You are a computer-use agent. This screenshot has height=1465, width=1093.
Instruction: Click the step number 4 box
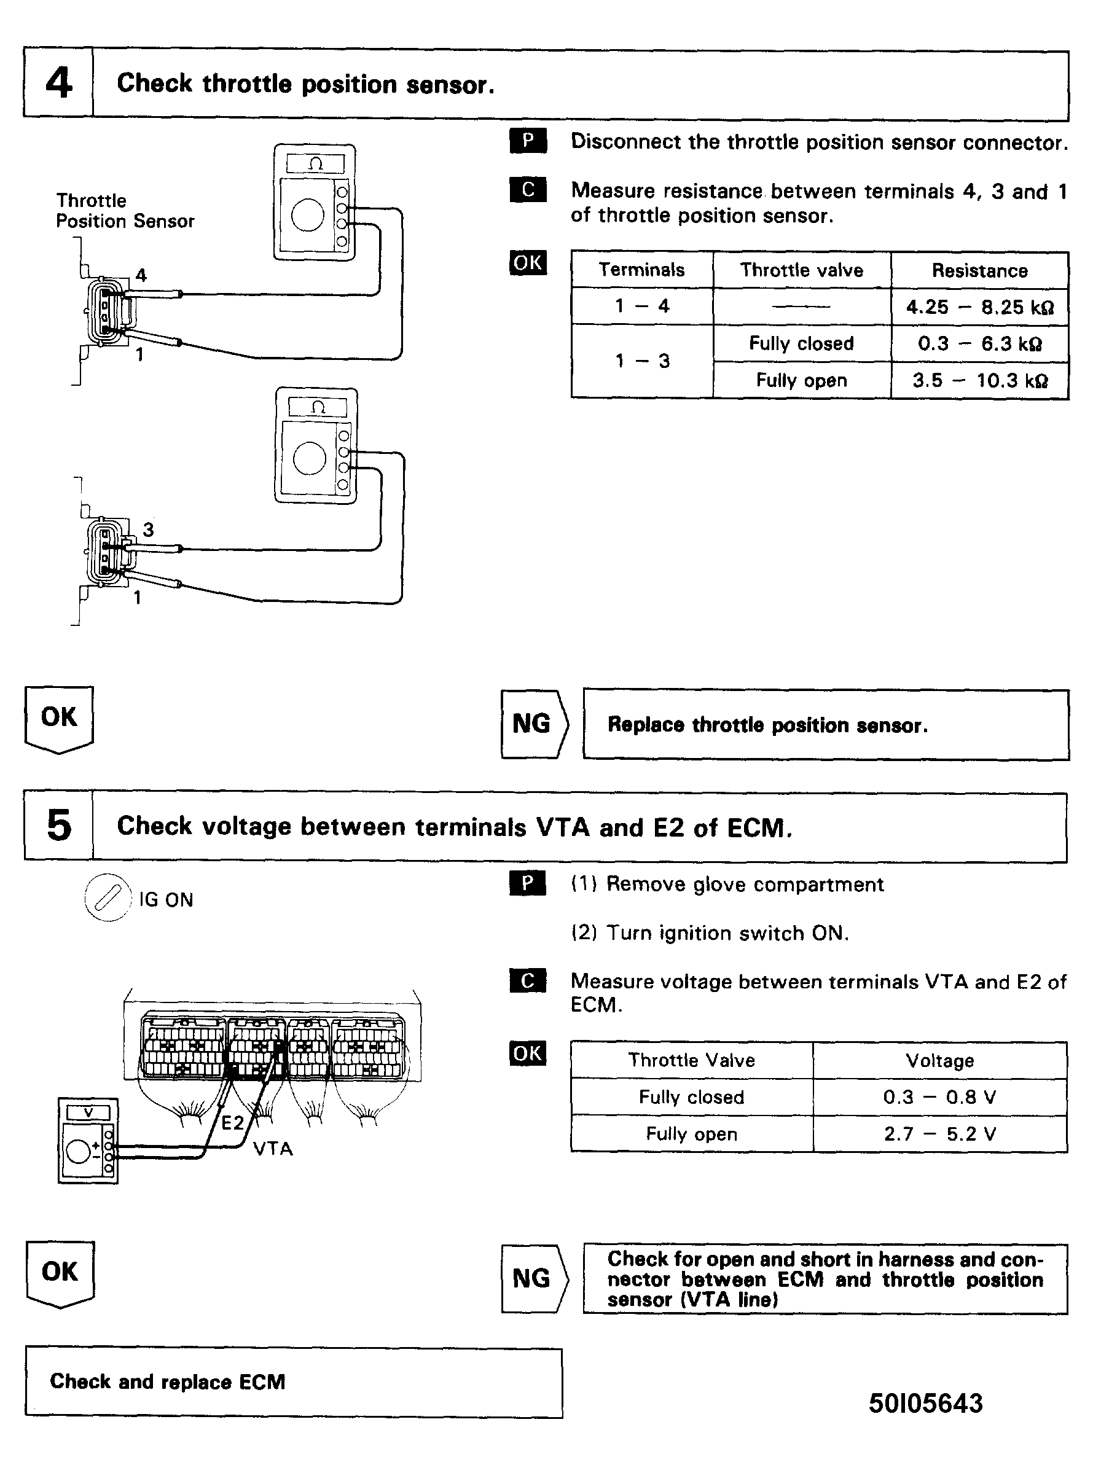pos(58,84)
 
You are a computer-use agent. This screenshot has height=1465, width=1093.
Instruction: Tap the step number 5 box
pos(59,826)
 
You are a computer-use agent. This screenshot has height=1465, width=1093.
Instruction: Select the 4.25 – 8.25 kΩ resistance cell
pos(979,307)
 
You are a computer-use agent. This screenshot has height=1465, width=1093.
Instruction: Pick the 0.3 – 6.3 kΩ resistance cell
pos(979,344)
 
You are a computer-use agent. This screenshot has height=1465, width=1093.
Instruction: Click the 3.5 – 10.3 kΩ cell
pos(979,381)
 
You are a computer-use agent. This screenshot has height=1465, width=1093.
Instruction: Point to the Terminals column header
pos(641,270)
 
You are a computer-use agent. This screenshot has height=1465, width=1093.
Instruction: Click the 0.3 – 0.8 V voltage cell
pos(939,1097)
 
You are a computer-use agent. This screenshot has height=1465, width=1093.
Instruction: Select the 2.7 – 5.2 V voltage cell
pos(939,1135)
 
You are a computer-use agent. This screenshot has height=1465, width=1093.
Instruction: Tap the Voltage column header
pos(939,1061)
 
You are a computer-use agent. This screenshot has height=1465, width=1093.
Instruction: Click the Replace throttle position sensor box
pos(825,725)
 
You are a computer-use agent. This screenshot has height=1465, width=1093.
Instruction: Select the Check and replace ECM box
pos(293,1382)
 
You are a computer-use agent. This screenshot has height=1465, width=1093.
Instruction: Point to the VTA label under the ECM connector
pos(273,1149)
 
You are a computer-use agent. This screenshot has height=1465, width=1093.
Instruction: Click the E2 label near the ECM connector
pos(232,1123)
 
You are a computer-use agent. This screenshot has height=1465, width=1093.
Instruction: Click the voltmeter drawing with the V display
pos(88,1141)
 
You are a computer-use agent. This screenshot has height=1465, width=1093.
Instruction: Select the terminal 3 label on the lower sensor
pos(148,529)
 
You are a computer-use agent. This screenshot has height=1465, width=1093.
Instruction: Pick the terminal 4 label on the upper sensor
pos(141,275)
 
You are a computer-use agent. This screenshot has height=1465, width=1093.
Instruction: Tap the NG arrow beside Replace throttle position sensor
pos(534,724)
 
